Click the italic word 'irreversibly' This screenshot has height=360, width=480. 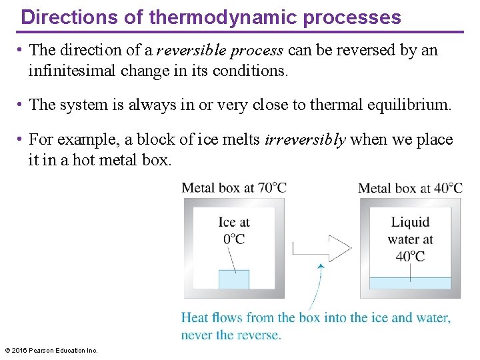[x=305, y=140]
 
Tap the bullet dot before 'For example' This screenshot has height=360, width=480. [x=22, y=139]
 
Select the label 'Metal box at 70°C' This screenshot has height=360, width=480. [x=234, y=187]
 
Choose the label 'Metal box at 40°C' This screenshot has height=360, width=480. [x=410, y=187]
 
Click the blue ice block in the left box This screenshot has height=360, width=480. [x=234, y=279]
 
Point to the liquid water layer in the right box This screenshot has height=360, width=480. [x=410, y=283]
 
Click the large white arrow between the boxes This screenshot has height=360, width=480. [x=322, y=249]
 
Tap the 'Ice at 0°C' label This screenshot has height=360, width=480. [x=234, y=231]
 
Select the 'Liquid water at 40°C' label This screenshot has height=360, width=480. [x=411, y=239]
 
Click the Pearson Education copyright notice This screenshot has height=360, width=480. [x=51, y=350]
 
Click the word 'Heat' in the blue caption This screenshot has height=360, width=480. [x=195, y=317]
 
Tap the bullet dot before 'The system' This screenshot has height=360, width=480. [x=22, y=105]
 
